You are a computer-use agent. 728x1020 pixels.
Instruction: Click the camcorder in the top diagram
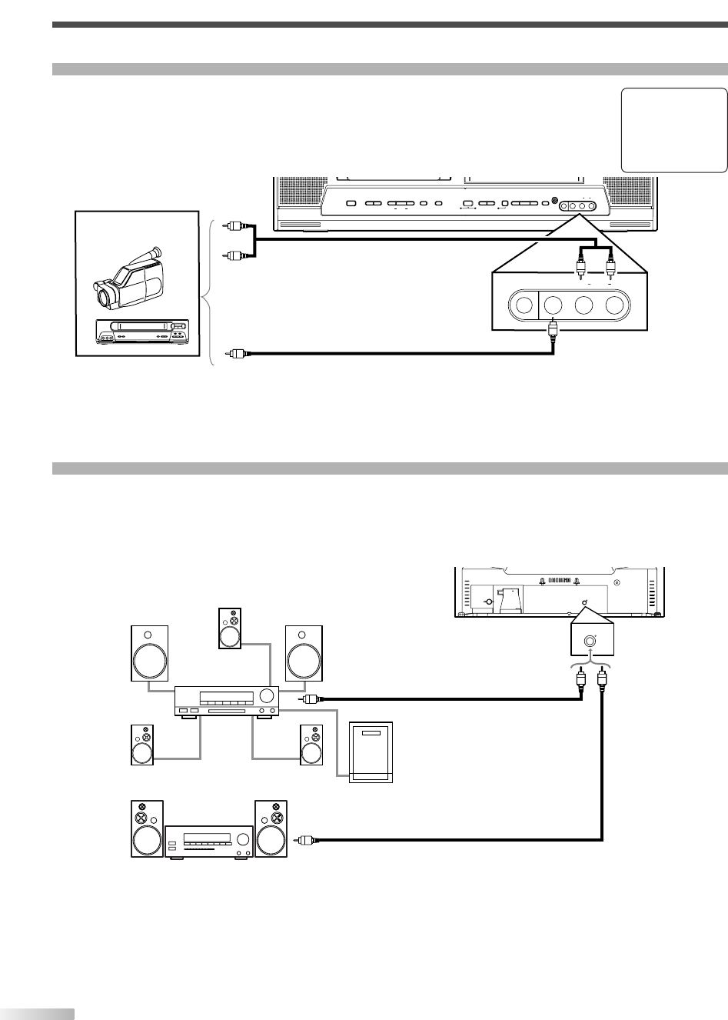click(128, 278)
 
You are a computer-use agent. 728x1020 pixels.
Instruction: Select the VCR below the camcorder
click(141, 332)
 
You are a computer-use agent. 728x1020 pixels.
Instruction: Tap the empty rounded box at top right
click(673, 129)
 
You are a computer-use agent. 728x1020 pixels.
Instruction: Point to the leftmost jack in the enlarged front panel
click(524, 305)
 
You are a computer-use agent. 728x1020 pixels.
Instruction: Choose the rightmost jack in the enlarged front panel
click(614, 305)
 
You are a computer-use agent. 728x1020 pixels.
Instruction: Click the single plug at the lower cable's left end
click(237, 354)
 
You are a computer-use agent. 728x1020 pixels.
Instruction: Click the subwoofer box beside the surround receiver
click(371, 752)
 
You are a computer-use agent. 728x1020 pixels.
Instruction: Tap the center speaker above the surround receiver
click(230, 628)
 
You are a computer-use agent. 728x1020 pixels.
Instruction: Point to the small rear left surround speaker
click(142, 745)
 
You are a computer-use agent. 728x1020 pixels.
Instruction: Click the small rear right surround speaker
click(311, 745)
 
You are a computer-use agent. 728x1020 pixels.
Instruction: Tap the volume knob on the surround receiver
click(268, 696)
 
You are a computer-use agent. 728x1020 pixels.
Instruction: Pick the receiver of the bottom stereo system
click(209, 841)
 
